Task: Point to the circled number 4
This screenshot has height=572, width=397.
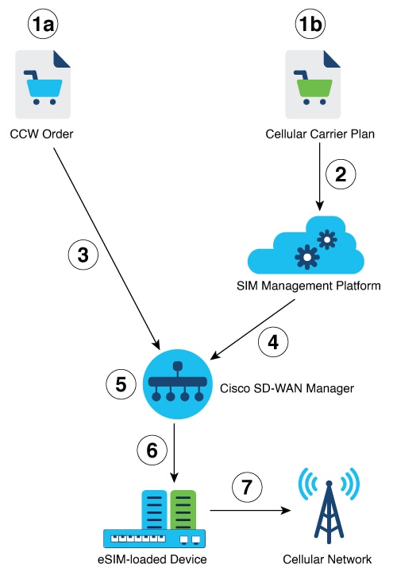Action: (x=275, y=344)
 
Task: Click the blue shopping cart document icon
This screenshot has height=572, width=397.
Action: (x=44, y=86)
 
